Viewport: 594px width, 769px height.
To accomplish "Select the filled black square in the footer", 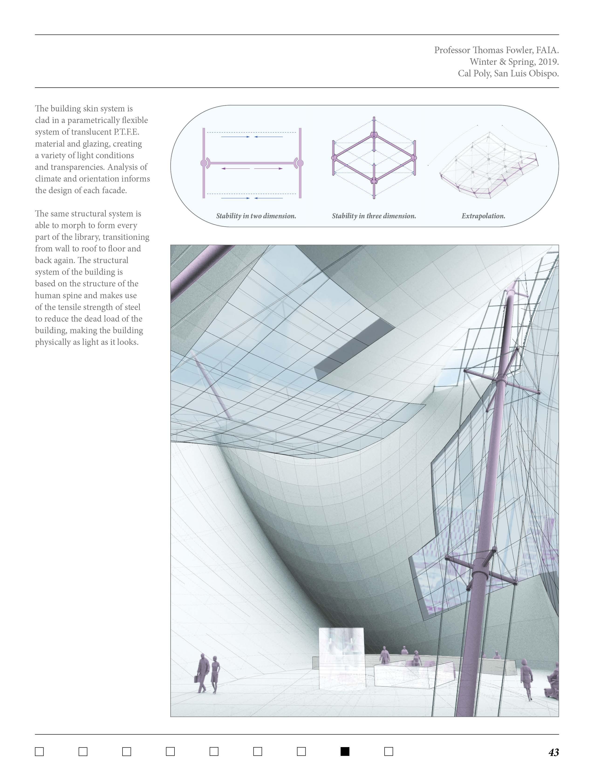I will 345,751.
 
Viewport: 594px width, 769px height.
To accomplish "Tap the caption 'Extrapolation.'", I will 483,216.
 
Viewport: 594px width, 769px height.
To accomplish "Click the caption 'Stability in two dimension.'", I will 256,216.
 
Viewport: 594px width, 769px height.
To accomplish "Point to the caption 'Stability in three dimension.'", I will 374,216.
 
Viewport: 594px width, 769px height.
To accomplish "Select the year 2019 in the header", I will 548,62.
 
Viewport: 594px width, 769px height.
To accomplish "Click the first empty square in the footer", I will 39,751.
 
